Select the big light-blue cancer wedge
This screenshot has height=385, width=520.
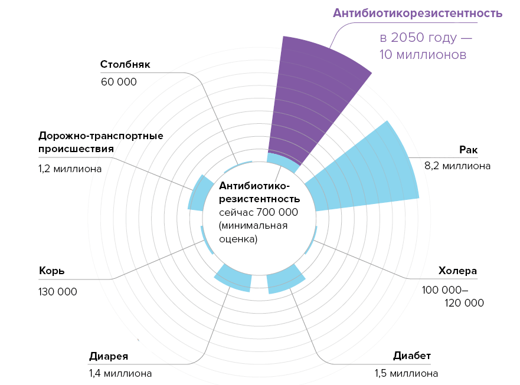click(x=372, y=171)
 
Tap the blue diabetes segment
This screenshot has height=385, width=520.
click(x=285, y=281)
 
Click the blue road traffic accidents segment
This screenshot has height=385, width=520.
click(x=199, y=193)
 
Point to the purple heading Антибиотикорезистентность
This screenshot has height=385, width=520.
click(x=417, y=13)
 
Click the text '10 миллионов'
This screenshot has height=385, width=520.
click(x=423, y=55)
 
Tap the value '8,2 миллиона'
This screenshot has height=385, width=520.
click(x=457, y=166)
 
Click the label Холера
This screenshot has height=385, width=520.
click(x=457, y=271)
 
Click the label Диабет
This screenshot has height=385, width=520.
click(x=412, y=356)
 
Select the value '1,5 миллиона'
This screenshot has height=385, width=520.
click(x=406, y=373)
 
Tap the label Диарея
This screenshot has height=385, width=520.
click(x=109, y=356)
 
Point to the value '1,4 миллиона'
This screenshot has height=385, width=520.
click(x=120, y=373)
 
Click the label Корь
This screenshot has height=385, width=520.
click(x=52, y=271)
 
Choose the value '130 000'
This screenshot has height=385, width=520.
click(x=58, y=292)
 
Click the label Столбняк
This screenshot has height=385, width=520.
click(x=125, y=64)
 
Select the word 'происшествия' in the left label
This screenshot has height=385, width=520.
click(x=76, y=149)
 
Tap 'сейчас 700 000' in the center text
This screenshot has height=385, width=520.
click(x=258, y=212)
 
